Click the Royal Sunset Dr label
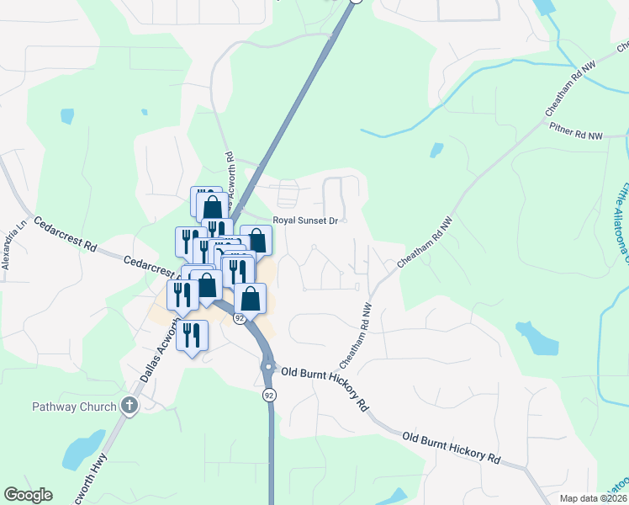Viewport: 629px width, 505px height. click(304, 221)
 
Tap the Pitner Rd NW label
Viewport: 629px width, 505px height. click(576, 133)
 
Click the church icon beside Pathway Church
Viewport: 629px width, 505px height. click(129, 407)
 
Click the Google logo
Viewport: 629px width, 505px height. click(28, 495)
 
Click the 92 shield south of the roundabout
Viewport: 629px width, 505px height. click(269, 395)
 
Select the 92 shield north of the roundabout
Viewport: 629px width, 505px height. click(240, 318)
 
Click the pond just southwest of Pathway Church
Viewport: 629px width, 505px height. click(84, 450)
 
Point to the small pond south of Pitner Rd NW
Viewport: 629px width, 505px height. click(436, 151)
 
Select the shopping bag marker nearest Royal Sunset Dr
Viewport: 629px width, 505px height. click(256, 240)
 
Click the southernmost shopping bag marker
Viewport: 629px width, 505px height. click(251, 298)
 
